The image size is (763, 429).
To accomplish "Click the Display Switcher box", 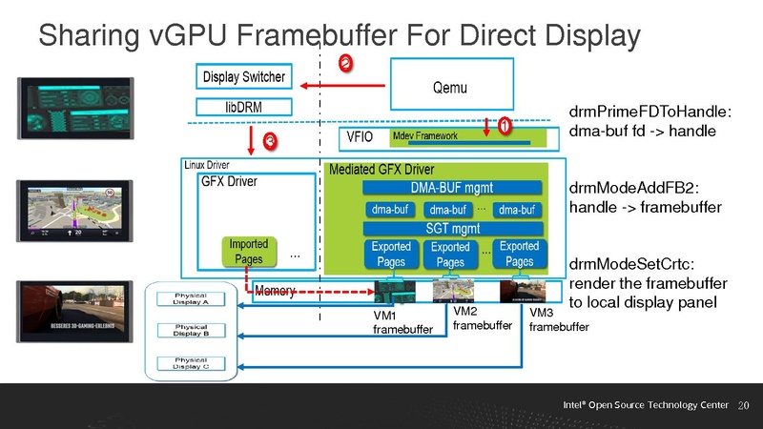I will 243,74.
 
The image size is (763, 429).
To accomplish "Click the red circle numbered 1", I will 503,124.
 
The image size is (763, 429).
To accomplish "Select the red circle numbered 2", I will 345,62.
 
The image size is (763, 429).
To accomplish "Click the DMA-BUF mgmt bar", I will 451,187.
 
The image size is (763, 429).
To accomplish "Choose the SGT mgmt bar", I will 451,228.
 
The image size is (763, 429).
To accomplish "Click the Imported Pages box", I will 249,252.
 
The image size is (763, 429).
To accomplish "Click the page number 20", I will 746,406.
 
